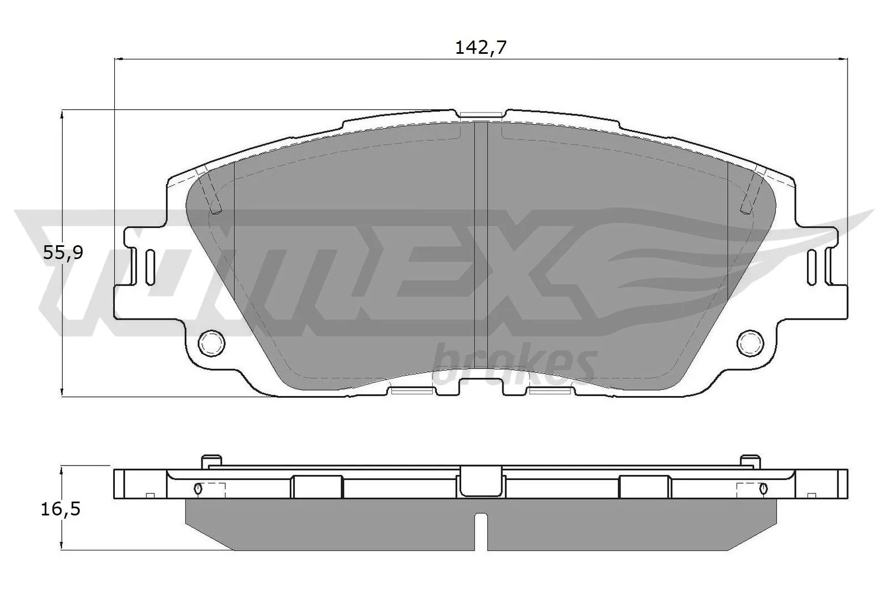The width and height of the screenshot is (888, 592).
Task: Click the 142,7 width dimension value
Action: (x=481, y=48)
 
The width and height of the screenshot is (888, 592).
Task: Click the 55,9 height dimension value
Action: (x=63, y=253)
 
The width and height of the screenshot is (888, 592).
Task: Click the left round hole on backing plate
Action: (x=211, y=342)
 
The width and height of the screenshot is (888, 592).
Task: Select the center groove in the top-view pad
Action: (x=481, y=250)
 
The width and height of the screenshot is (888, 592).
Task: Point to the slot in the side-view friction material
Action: (x=481, y=530)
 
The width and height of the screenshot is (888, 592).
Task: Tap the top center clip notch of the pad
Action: (x=481, y=115)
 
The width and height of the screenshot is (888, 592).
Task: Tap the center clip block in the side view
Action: (x=481, y=480)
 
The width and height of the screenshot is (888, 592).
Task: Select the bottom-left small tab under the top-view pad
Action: (x=411, y=392)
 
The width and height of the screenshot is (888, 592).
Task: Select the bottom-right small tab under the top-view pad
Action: (x=550, y=392)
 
